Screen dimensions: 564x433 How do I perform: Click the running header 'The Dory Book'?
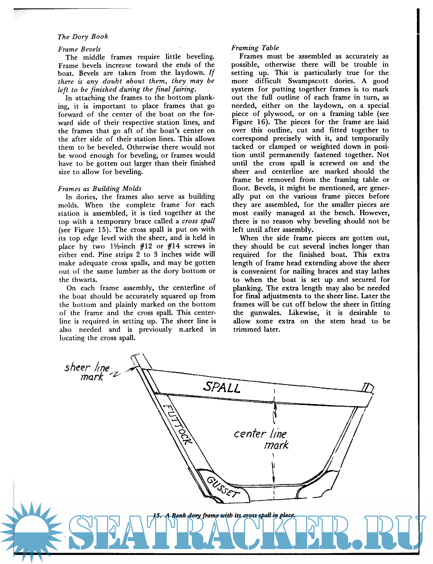pos(83,37)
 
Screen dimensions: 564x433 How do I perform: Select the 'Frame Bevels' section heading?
pos(79,49)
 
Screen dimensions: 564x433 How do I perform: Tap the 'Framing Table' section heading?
pos(255,48)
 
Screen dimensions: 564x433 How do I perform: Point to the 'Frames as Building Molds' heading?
pos(100,189)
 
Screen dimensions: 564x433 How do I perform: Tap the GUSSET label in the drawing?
pos(223,487)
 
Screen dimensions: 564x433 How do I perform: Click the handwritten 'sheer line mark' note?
pos(88,372)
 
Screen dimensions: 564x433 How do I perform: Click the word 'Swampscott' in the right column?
pos(308,81)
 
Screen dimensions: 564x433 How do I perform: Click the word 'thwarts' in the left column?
pos(84,280)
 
